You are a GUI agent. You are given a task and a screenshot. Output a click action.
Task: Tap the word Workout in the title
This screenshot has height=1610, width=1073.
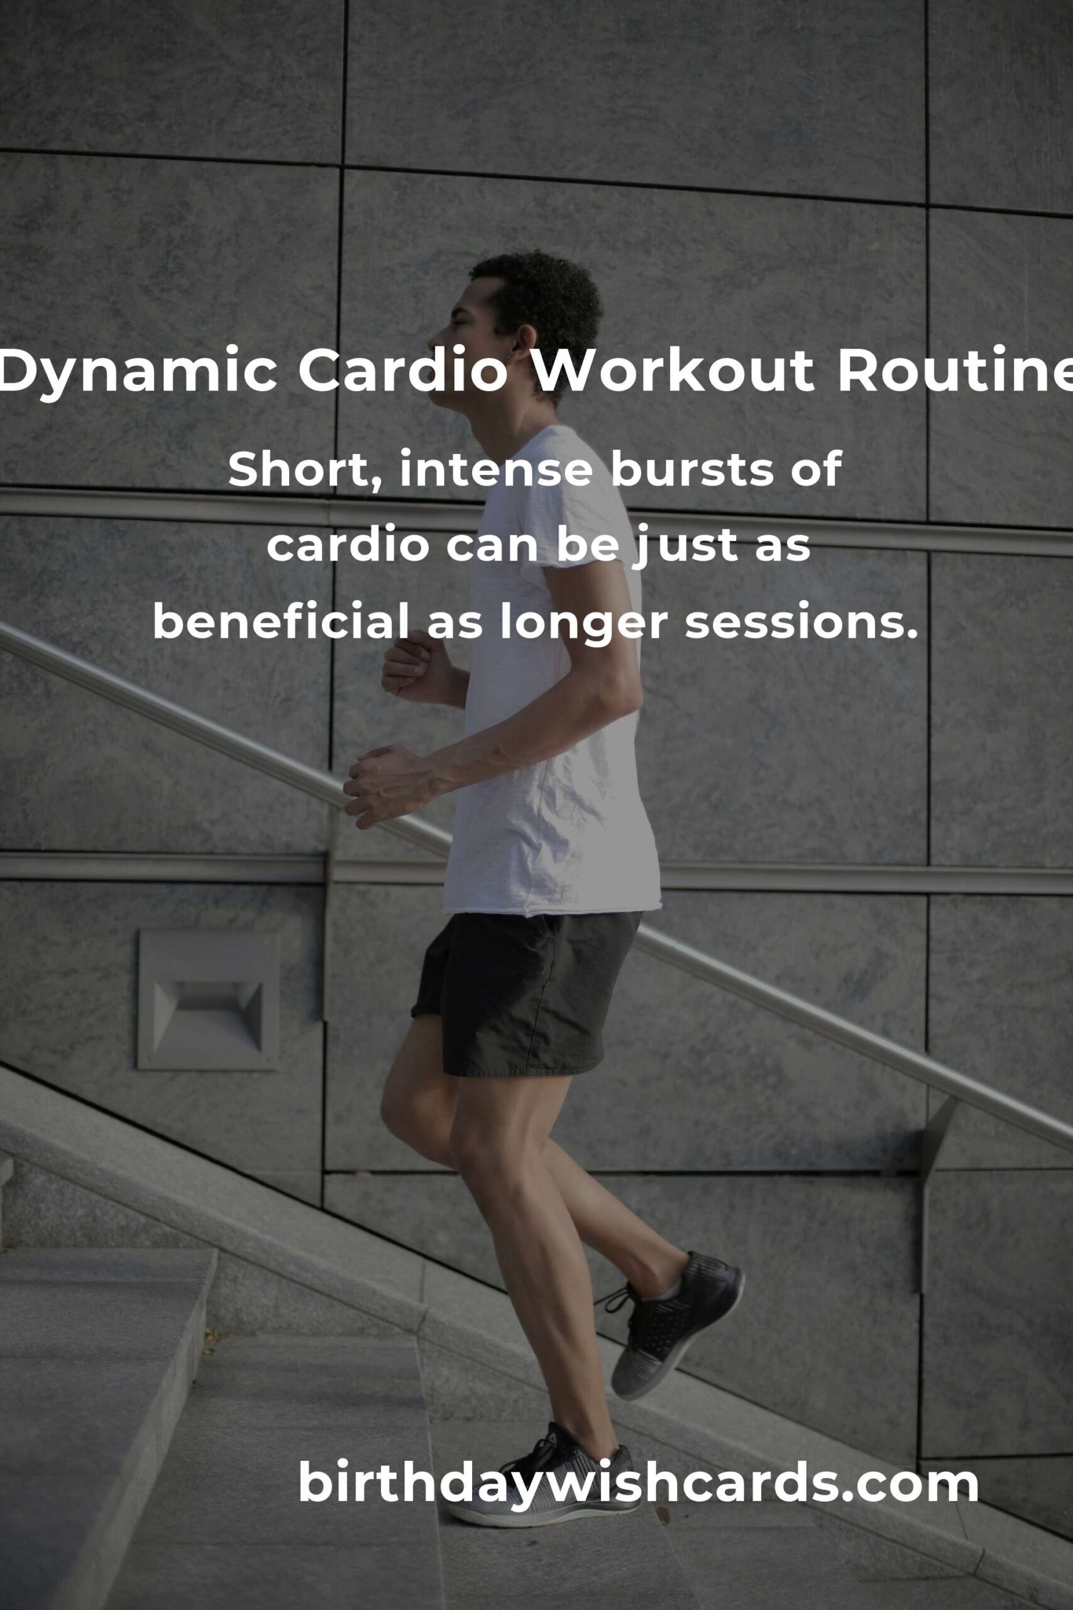point(673,370)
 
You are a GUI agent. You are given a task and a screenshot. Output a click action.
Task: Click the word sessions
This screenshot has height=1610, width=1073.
point(801,623)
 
